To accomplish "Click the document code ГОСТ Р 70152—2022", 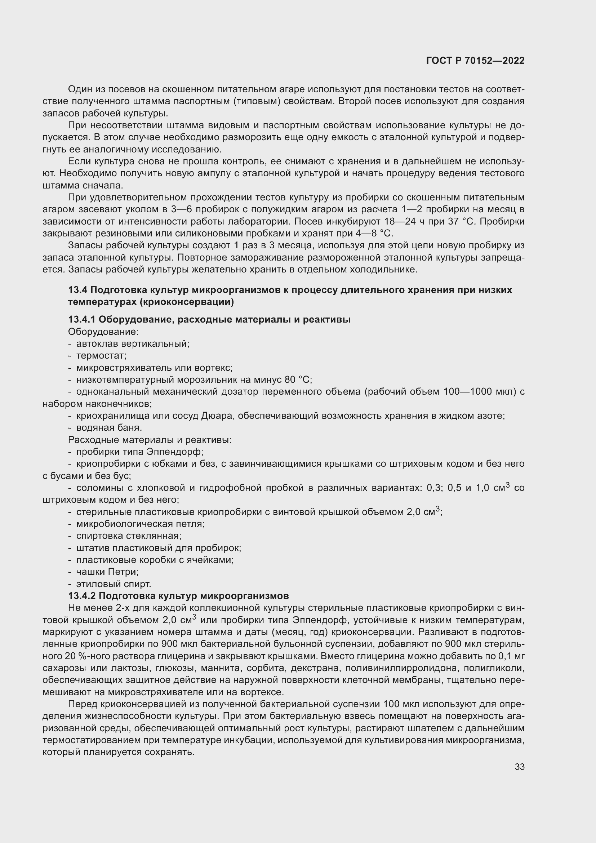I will pyautogui.click(x=475, y=61).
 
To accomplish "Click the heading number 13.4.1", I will pyautogui.click(x=82, y=319).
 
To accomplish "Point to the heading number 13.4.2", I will pyautogui.click(x=82, y=595).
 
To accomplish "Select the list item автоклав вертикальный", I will pyautogui.click(x=132, y=344).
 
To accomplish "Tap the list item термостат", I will pyautogui.click(x=101, y=355).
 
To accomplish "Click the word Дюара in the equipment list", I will pyautogui.click(x=216, y=416).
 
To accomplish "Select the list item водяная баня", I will pyautogui.click(x=108, y=427).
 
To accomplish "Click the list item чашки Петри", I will pyautogui.click(x=107, y=572).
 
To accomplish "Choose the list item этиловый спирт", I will pyautogui.click(x=114, y=584).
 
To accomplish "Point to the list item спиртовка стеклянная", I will pyautogui.click(x=128, y=536).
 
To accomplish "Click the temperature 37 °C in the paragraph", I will pyautogui.click(x=463, y=221).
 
